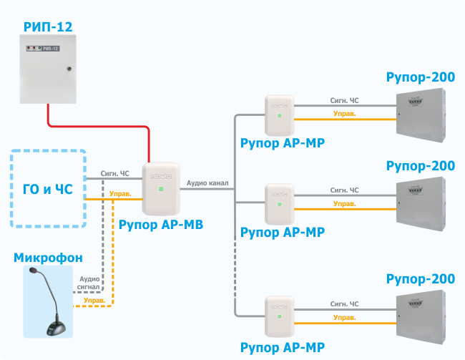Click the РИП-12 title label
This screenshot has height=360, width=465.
48,28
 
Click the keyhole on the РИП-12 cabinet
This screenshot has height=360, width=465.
69,69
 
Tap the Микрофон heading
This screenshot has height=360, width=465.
48,258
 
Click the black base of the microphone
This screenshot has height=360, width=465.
56,329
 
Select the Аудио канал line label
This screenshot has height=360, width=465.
207,183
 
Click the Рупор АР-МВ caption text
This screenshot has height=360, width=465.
161,225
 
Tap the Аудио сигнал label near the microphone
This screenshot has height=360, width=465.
89,283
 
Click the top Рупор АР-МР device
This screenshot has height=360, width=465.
280,115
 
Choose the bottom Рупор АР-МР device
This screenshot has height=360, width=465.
280,315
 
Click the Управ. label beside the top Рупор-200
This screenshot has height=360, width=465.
345,114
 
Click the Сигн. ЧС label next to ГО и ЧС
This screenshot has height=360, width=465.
114,173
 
